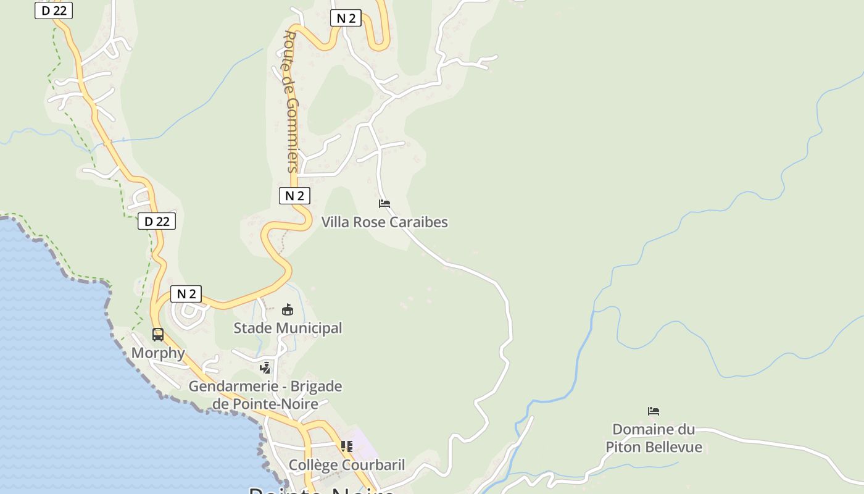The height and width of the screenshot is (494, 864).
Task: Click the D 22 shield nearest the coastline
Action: (157, 221)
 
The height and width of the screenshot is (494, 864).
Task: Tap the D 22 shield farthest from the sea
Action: (54, 10)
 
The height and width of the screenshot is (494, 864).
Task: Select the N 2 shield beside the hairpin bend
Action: (346, 18)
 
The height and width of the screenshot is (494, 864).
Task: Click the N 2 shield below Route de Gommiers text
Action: (294, 196)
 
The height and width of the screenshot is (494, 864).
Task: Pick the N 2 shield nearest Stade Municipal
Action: (186, 294)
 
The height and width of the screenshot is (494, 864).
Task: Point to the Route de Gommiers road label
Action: (291, 102)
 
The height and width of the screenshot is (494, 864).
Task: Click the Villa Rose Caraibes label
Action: (384, 222)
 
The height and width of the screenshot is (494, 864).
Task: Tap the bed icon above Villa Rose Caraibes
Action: (384, 203)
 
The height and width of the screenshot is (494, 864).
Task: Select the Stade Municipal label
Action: (288, 328)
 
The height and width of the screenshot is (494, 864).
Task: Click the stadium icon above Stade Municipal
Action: (288, 309)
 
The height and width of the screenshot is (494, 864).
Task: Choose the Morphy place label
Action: (158, 353)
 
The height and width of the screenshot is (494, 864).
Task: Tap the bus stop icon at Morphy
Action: (158, 335)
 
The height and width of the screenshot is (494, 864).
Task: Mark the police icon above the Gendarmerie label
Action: (265, 368)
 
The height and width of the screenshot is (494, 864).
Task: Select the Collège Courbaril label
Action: (347, 465)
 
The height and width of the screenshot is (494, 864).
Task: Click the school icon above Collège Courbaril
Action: (347, 446)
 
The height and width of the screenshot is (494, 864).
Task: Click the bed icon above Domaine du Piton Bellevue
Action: (654, 411)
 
